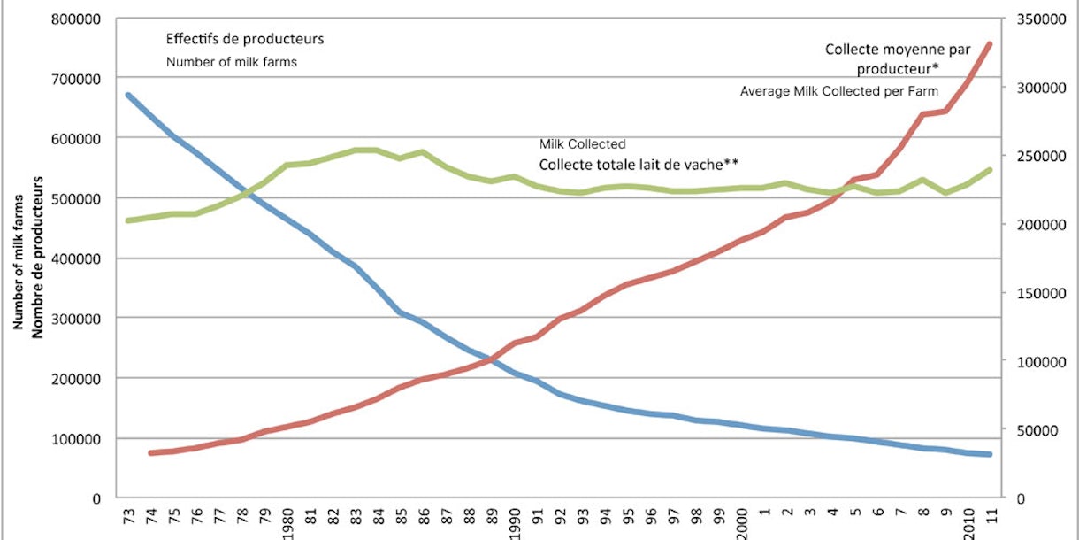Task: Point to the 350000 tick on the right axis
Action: coord(1037,18)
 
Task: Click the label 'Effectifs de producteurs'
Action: coord(245,39)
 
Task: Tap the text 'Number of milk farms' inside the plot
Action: coord(231,62)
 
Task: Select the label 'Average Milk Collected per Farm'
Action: coord(838,90)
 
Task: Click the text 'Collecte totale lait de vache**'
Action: coord(639,164)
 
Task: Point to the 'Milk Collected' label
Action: coord(583,143)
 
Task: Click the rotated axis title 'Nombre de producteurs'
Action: coord(38,257)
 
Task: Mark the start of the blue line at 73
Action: coord(128,95)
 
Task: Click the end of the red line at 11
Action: coord(990,43)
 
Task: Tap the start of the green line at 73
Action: coord(128,220)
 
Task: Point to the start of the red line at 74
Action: coord(151,453)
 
